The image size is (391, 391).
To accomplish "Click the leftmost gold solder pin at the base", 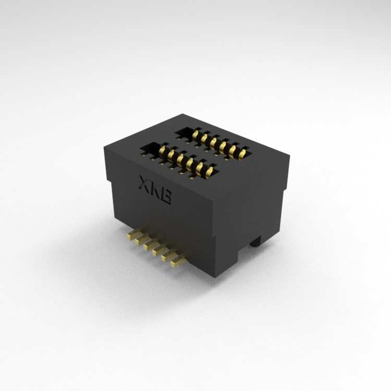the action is [133, 235].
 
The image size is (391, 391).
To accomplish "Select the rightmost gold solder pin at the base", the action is [177, 263].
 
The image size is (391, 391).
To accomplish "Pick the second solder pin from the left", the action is [142, 240].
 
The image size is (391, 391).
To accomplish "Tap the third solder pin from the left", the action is [151, 246].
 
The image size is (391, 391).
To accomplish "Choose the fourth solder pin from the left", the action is [160, 251].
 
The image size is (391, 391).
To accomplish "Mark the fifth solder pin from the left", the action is [168, 257].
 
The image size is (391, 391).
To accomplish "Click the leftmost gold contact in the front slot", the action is [162, 150].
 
